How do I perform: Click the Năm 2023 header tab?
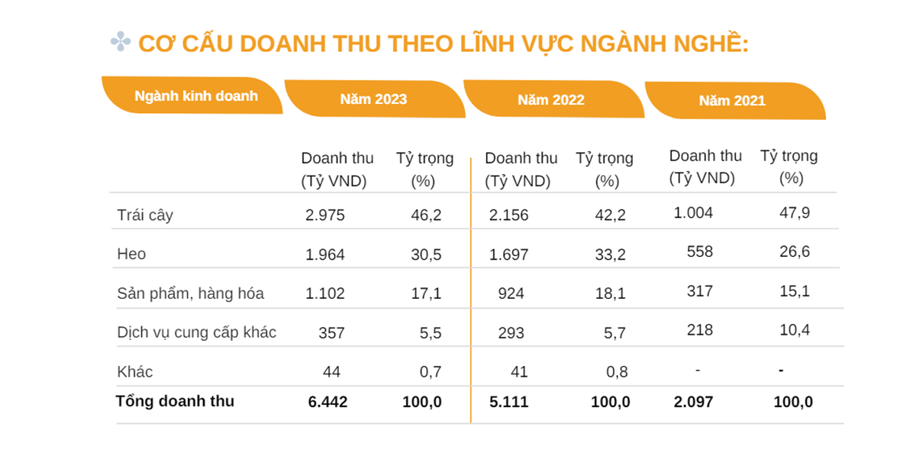(x=373, y=99)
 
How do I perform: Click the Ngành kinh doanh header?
(x=195, y=96)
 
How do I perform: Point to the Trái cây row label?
(x=145, y=215)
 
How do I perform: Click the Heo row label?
(x=131, y=254)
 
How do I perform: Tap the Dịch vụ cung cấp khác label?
(x=197, y=332)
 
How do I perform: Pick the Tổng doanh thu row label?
(x=175, y=401)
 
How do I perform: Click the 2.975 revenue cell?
(x=325, y=215)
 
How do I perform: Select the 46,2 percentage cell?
(x=426, y=215)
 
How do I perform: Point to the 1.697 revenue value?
(x=508, y=254)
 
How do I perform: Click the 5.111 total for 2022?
(x=508, y=402)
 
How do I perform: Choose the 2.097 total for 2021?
(x=693, y=402)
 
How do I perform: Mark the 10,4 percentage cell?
(x=794, y=330)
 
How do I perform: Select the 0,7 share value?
(x=431, y=372)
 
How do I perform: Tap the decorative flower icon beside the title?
(x=121, y=42)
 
